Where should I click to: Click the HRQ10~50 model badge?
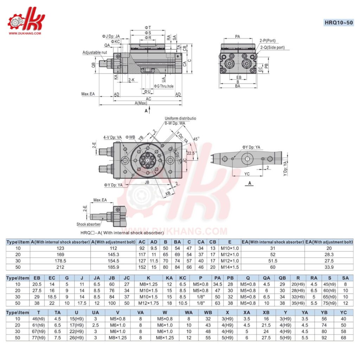point(339,23)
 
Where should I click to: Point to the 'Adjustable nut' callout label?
point(95,52)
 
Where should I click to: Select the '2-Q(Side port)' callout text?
point(272,47)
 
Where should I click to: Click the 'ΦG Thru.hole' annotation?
point(164,86)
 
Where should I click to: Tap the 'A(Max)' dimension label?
point(141,103)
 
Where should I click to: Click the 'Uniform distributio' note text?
point(180,118)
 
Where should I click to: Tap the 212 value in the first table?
point(60,267)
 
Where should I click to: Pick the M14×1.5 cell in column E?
point(230,267)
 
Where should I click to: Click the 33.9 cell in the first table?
point(329,267)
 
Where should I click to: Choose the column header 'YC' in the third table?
point(343,313)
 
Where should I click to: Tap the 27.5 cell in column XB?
point(266,338)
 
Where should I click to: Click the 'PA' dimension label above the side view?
point(238,36)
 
